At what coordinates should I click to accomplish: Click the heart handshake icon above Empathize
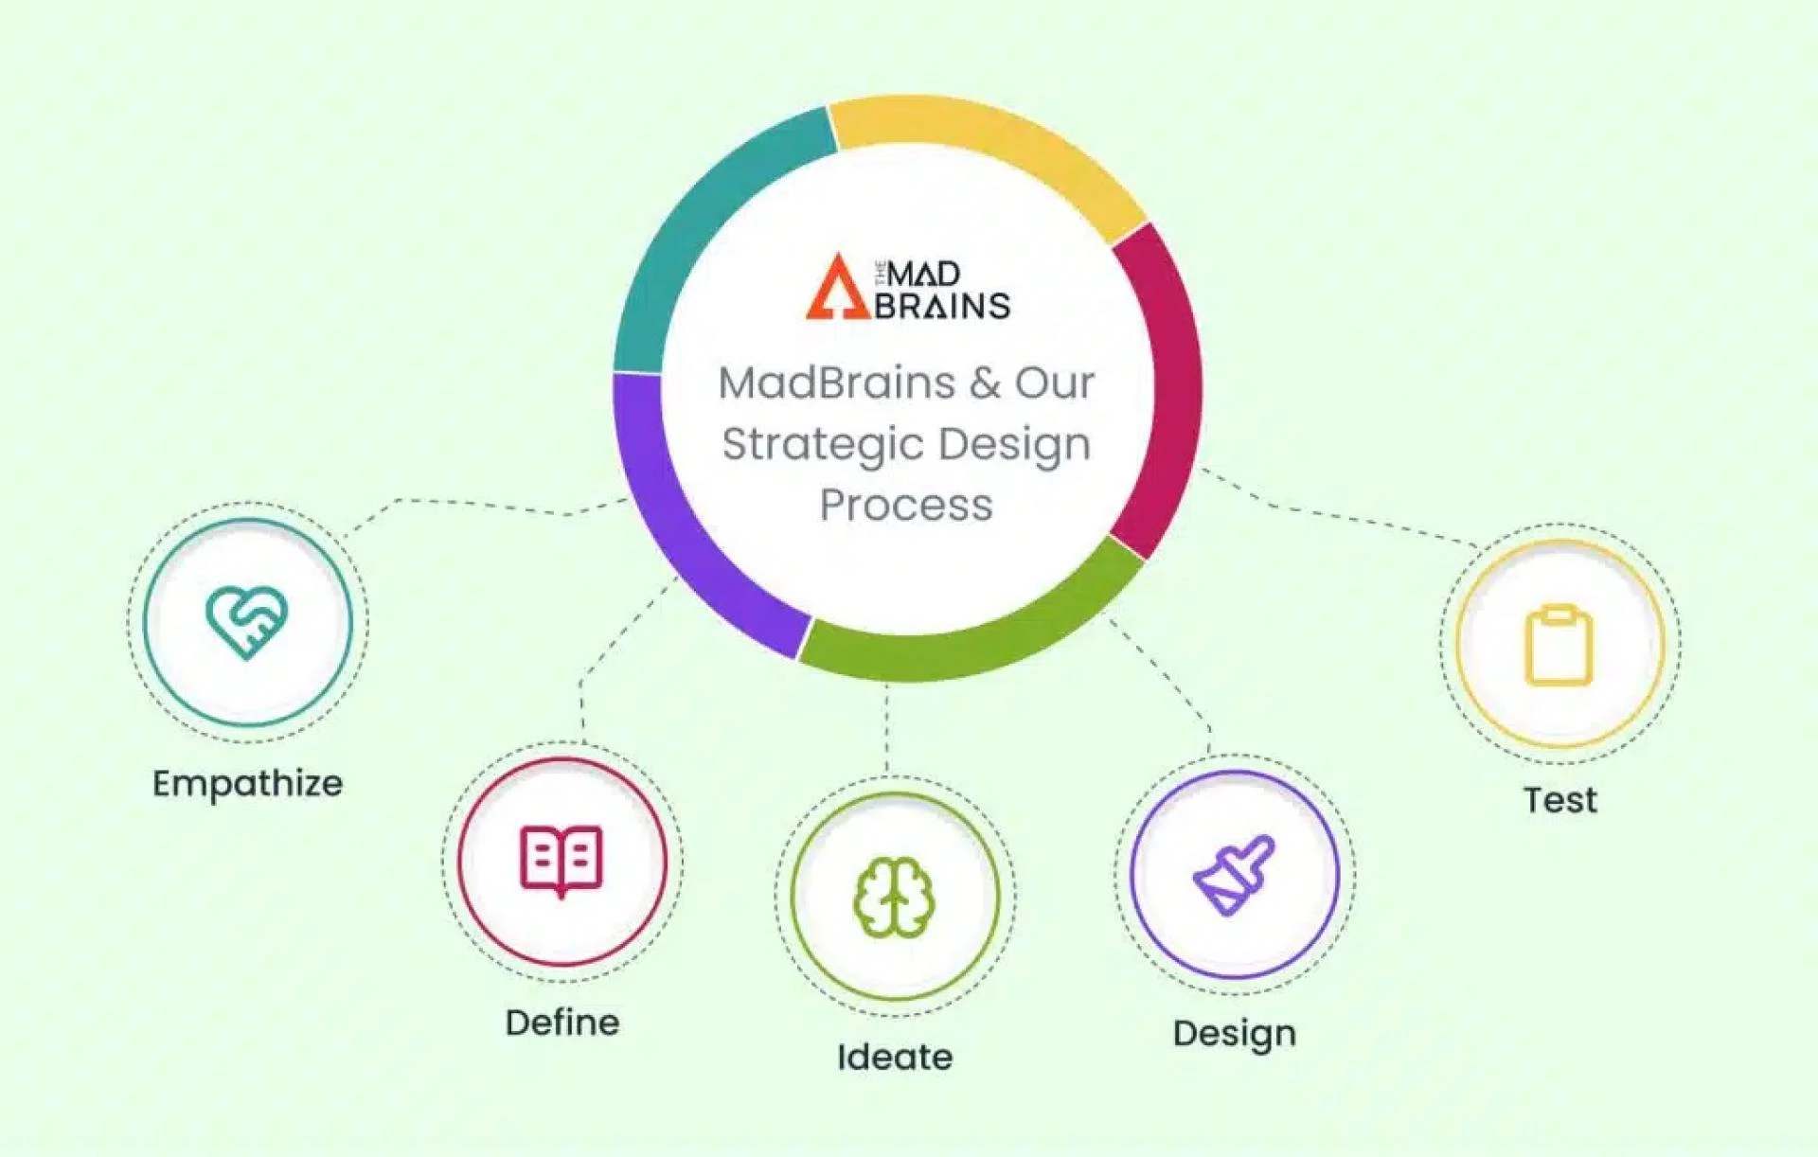click(x=246, y=622)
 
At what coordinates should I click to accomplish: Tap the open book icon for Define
click(x=561, y=861)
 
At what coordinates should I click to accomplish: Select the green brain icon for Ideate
click(x=894, y=898)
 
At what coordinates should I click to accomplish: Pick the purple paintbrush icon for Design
click(x=1234, y=875)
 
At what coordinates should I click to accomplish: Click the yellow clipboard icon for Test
click(x=1559, y=645)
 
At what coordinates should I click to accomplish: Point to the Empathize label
click(x=247, y=784)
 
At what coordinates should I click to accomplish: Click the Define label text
click(x=562, y=1023)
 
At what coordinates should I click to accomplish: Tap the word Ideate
click(x=895, y=1058)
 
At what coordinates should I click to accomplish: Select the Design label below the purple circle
click(x=1234, y=1034)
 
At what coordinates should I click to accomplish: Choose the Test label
click(x=1560, y=801)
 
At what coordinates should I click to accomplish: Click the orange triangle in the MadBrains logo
click(x=837, y=288)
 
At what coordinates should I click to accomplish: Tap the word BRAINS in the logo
click(x=942, y=307)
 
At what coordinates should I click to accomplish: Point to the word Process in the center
click(x=906, y=506)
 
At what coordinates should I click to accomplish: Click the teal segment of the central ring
click(x=701, y=227)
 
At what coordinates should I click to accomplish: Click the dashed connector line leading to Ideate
click(x=887, y=729)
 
